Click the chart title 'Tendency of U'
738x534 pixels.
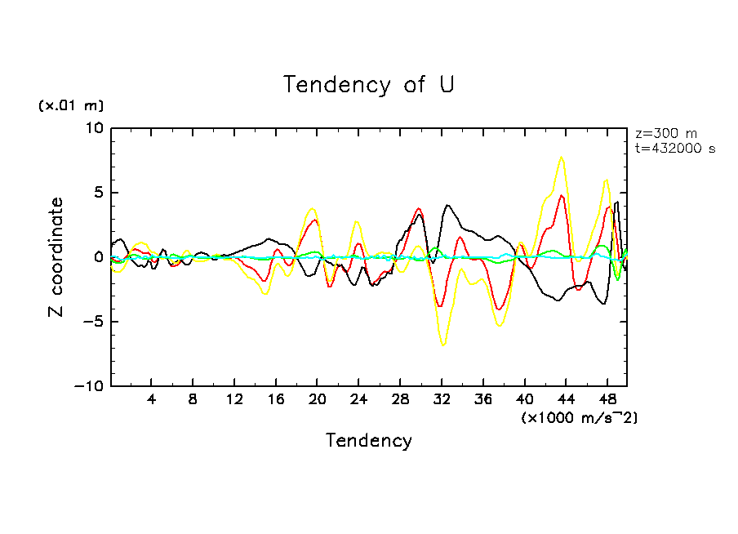[x=369, y=84]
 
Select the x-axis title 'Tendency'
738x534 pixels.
[x=369, y=441]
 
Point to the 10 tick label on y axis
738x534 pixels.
[x=95, y=128]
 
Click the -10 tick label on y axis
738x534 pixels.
[x=91, y=386]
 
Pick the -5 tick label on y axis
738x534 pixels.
[x=95, y=322]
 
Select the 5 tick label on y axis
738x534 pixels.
[x=99, y=193]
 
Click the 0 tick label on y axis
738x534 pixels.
[x=99, y=257]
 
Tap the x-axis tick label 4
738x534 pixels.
[x=152, y=401]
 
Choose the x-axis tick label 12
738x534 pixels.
[x=234, y=401]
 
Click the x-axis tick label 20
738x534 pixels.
[x=317, y=401]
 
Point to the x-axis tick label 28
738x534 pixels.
[x=400, y=401]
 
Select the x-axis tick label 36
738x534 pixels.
[x=482, y=401]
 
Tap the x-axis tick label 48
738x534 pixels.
[x=607, y=401]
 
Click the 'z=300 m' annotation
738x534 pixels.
[x=666, y=134]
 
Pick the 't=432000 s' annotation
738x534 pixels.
[x=675, y=149]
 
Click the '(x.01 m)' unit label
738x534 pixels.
[x=71, y=105]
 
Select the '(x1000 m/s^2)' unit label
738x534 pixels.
[x=579, y=417]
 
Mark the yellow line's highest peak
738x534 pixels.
[x=561, y=157]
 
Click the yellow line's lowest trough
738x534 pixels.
[x=443, y=345]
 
